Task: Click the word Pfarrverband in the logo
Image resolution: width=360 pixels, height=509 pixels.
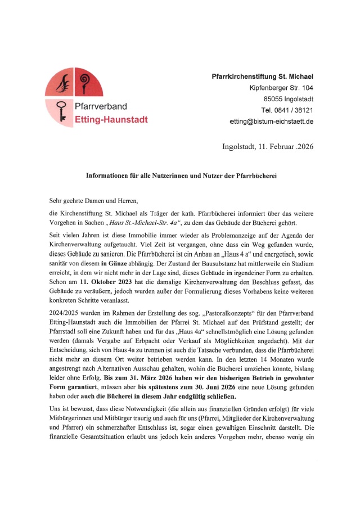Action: [x=101, y=106]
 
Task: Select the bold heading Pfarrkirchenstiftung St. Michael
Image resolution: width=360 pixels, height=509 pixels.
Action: [x=262, y=76]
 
